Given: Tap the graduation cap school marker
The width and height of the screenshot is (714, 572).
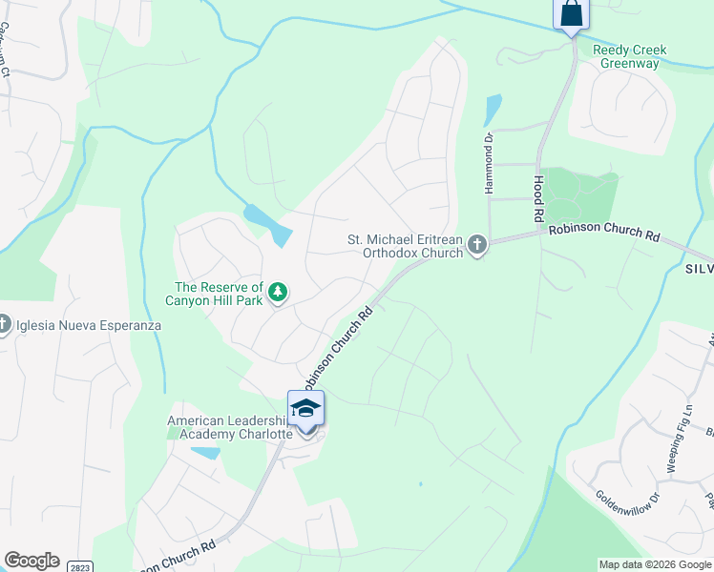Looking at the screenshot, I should (x=305, y=409).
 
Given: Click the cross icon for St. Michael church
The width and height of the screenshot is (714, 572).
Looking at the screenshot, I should (x=477, y=246).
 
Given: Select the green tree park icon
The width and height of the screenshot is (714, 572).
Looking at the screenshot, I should (x=278, y=292).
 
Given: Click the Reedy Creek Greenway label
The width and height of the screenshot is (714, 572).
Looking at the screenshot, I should (x=628, y=56).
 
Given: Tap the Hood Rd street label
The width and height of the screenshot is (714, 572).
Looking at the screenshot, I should (x=538, y=198).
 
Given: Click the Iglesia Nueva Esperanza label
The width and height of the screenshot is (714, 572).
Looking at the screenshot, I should (x=88, y=325).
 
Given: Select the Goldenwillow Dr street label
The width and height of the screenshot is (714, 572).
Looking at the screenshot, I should (x=627, y=510).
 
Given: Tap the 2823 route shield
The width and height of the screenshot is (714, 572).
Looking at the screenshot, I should (x=80, y=566).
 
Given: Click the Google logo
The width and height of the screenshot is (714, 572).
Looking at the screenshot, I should (x=31, y=561).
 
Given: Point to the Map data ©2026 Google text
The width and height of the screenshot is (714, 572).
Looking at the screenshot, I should (x=655, y=564).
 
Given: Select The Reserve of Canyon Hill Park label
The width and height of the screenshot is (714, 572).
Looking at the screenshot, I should (x=219, y=295).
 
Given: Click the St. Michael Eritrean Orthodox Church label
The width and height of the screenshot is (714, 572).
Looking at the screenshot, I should (x=406, y=246).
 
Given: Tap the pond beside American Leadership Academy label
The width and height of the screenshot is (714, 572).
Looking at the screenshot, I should (x=205, y=452).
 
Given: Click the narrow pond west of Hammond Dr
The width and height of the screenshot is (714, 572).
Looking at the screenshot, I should (x=492, y=110).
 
